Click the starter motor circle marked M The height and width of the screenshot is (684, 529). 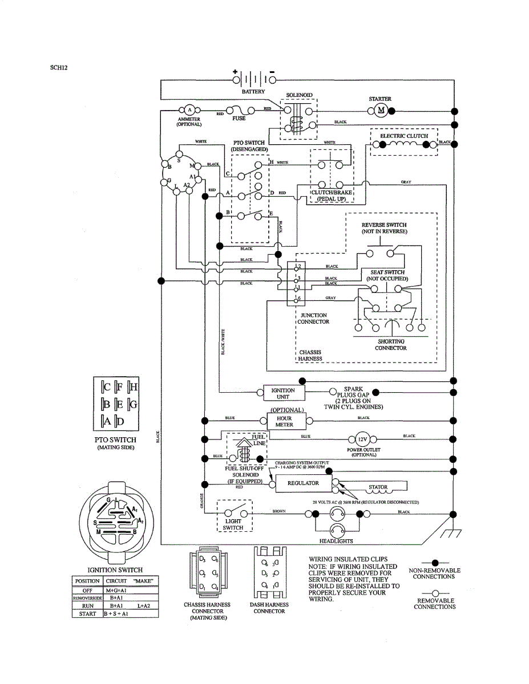pyautogui.click(x=381, y=110)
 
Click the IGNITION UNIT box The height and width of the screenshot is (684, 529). pyautogui.click(x=284, y=393)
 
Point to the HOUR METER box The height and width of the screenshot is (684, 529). pyautogui.click(x=284, y=421)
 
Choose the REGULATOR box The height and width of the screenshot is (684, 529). pyautogui.click(x=303, y=483)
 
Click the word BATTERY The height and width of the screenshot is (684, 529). pyautogui.click(x=253, y=92)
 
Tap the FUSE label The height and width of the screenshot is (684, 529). pyautogui.click(x=239, y=119)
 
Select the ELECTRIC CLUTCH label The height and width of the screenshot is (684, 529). pyautogui.click(x=404, y=136)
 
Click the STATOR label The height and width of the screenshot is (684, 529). pyautogui.click(x=378, y=487)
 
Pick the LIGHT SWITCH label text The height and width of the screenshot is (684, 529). pyautogui.click(x=233, y=524)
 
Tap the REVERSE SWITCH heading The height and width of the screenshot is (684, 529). pyautogui.click(x=384, y=225)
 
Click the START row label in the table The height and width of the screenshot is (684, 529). pyautogui.click(x=87, y=614)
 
